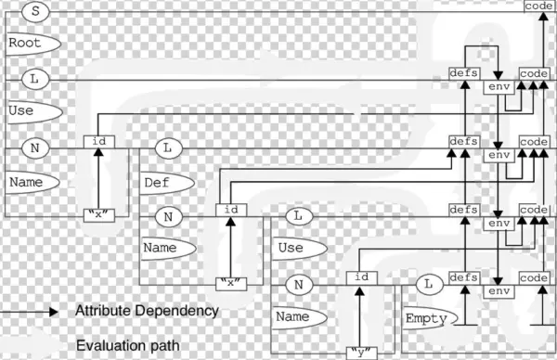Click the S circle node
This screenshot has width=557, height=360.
pyautogui.click(x=33, y=10)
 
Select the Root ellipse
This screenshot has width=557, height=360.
pyautogui.click(x=31, y=44)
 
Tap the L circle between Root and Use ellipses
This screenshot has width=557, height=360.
pyautogui.click(x=33, y=79)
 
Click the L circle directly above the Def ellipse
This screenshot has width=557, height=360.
pyautogui.click(x=167, y=148)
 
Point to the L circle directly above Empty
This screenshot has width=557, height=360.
pyautogui.click(x=428, y=284)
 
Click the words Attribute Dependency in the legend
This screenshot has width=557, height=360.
pyautogui.click(x=147, y=311)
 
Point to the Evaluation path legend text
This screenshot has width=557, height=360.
pyautogui.click(x=127, y=345)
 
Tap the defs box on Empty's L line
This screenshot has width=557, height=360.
pyautogui.click(x=463, y=277)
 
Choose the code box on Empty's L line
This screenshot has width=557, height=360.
pyautogui.click(x=534, y=277)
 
